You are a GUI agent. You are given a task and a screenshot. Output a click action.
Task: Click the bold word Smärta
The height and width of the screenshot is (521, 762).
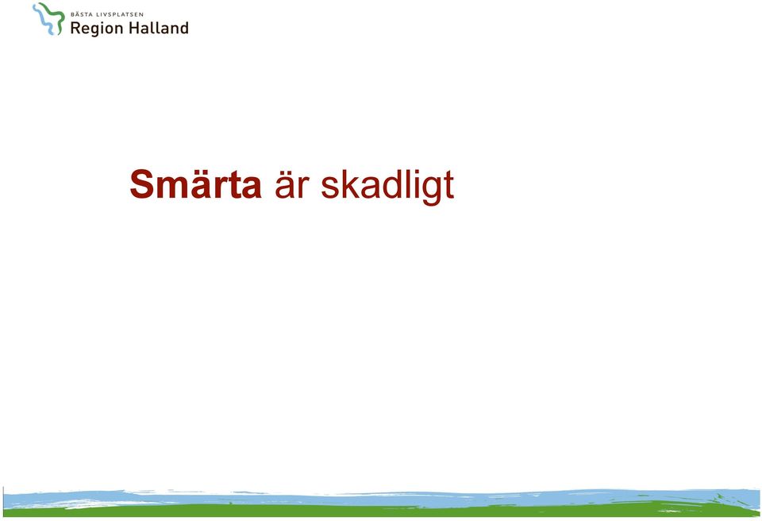(195, 184)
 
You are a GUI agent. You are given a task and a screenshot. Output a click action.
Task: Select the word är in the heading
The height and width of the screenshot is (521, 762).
(292, 184)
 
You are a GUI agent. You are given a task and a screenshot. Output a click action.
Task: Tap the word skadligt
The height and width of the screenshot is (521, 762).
(387, 187)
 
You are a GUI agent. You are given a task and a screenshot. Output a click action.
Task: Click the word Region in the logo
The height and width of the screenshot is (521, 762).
(96, 29)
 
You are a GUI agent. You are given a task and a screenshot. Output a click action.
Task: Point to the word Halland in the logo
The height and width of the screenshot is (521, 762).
(159, 28)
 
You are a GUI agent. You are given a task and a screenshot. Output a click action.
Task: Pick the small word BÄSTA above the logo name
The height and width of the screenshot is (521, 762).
(81, 14)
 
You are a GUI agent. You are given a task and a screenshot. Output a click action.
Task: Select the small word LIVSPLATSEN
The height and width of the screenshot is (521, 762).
(120, 14)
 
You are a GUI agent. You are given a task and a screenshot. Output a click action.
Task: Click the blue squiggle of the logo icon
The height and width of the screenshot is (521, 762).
(44, 21)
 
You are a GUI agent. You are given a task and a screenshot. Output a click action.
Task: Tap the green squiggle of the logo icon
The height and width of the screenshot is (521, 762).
(56, 18)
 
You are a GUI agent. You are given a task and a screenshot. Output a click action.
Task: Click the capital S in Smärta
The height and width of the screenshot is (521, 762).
(141, 184)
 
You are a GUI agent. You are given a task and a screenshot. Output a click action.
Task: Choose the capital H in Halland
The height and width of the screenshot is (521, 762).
(135, 28)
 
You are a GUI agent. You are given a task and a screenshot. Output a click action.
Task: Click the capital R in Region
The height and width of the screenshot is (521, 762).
(75, 29)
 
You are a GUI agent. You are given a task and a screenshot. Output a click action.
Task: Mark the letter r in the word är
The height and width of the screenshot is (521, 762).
(303, 187)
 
